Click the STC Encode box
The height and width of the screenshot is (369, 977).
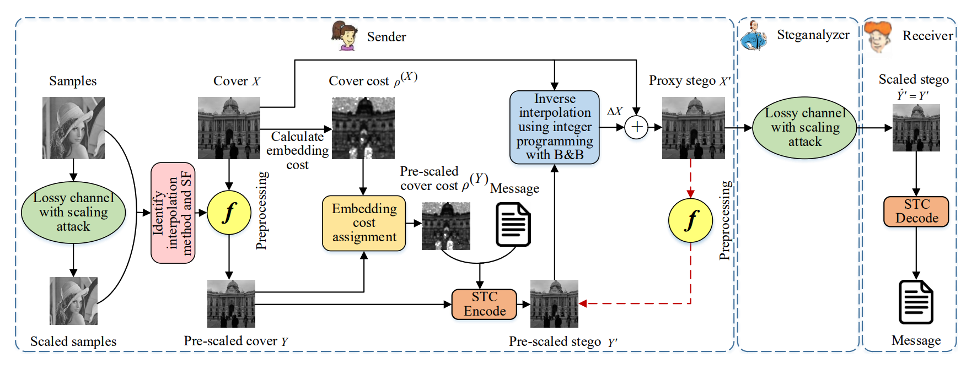(485, 304)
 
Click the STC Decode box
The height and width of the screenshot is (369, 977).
(916, 211)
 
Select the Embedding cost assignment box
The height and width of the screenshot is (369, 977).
(364, 223)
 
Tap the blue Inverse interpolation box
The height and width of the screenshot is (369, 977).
(554, 127)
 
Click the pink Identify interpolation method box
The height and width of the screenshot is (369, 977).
(173, 213)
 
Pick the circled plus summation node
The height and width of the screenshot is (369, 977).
(636, 127)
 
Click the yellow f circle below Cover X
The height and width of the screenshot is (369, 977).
(229, 212)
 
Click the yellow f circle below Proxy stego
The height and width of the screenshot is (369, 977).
(690, 220)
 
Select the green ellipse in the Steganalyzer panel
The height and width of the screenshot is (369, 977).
(804, 128)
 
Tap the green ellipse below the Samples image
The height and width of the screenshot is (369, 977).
(73, 212)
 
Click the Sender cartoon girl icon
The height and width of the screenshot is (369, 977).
(344, 36)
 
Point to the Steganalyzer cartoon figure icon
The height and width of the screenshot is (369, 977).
(754, 36)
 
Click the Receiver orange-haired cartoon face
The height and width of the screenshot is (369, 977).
(878, 36)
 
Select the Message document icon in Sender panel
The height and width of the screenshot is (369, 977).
(513, 224)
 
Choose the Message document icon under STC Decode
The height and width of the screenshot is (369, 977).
(916, 302)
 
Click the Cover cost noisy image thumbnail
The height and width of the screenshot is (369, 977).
(363, 128)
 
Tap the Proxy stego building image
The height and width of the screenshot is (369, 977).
(693, 128)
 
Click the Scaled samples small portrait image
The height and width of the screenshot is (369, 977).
(73, 301)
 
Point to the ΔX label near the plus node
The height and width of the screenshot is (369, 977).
(614, 111)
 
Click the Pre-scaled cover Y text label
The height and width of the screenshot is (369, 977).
(236, 341)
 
